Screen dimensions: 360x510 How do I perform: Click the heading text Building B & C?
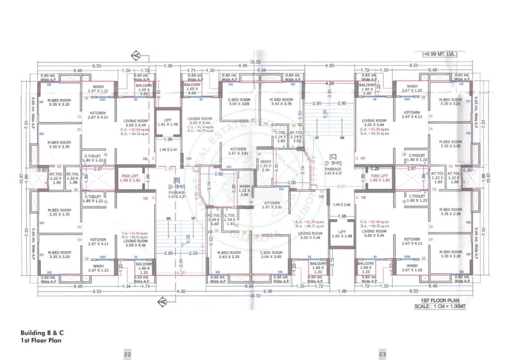41,333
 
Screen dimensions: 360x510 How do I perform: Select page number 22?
127,354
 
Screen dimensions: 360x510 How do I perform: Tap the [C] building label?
333,156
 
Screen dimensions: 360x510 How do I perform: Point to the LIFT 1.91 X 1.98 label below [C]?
342,234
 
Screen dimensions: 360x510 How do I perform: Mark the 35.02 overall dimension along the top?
255,62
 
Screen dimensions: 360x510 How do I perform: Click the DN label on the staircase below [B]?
167,218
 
